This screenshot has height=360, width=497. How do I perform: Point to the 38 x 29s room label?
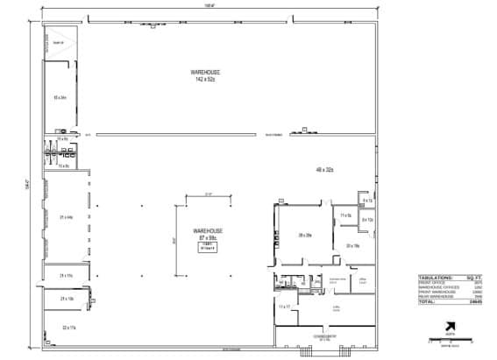[x=305, y=236]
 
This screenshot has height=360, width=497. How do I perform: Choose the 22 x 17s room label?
[x=68, y=327]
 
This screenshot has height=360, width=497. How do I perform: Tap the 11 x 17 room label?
[x=283, y=307]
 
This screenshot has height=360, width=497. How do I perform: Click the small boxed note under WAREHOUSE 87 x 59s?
[x=208, y=246]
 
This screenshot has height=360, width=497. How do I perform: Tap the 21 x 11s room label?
[x=66, y=276]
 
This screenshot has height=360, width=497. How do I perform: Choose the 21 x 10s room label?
[x=67, y=299]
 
